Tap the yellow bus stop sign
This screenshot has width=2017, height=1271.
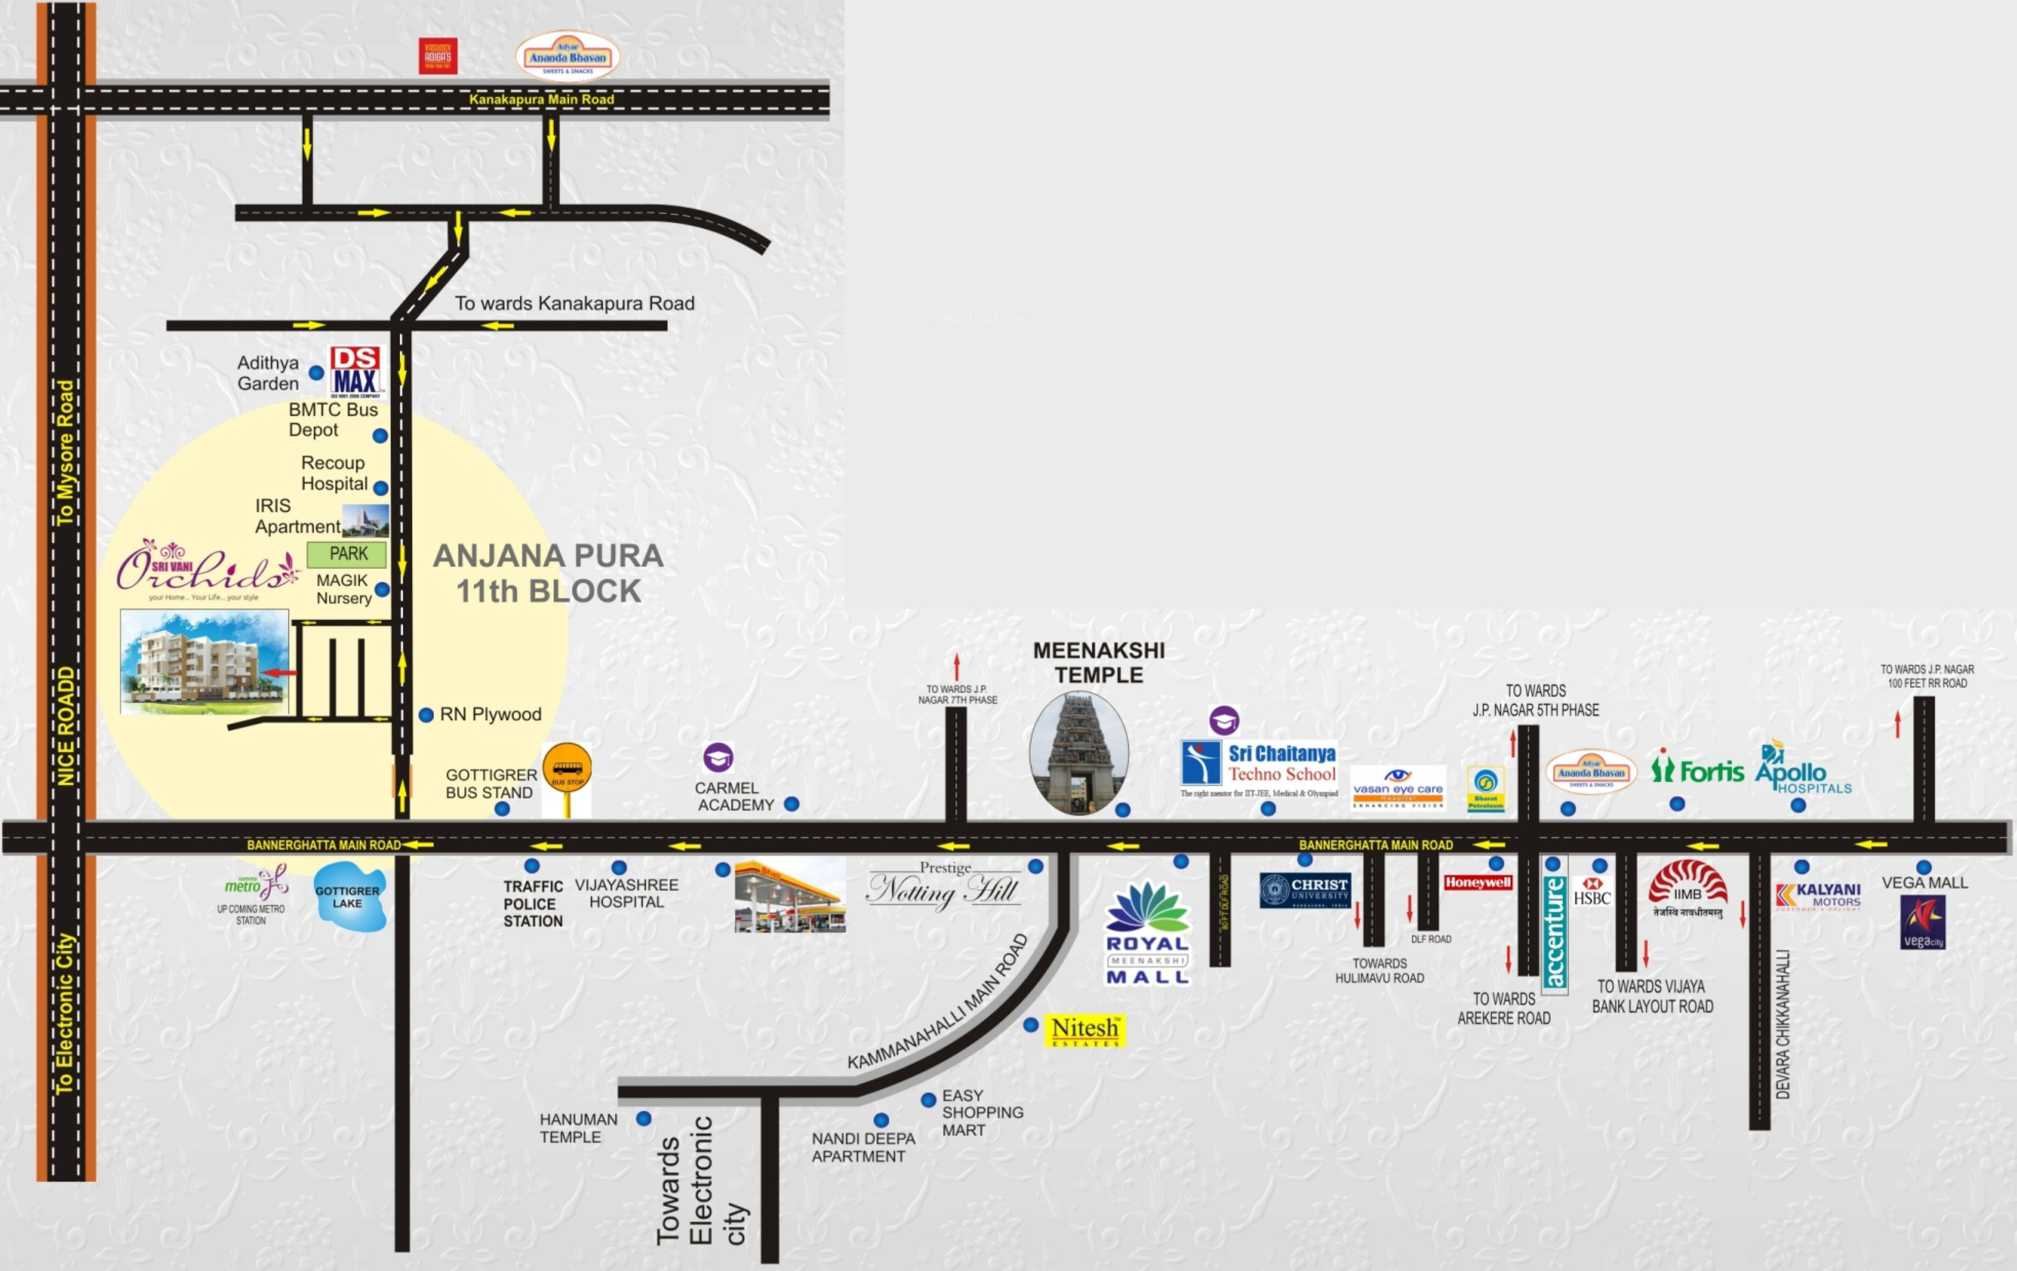click(567, 767)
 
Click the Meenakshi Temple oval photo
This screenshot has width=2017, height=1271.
click(1079, 752)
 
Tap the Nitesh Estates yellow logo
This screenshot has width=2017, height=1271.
click(1085, 1030)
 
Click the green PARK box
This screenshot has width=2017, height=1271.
click(347, 554)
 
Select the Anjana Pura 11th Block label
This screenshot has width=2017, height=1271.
click(549, 573)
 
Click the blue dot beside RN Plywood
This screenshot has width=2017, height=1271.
click(425, 714)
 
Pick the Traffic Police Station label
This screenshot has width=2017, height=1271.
click(533, 903)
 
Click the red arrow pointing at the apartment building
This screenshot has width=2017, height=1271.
click(278, 672)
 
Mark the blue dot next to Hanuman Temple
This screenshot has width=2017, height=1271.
click(643, 1118)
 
